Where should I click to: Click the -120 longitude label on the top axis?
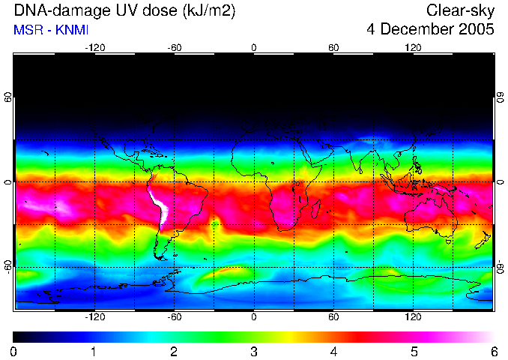[94, 47]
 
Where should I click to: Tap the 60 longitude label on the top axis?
[333, 47]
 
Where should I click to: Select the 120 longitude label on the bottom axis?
[413, 317]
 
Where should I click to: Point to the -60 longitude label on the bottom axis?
[174, 317]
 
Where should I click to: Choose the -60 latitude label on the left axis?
[9, 265]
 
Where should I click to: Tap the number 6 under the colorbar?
[494, 351]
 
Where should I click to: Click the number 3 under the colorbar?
[253, 351]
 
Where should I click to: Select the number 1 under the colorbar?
[94, 351]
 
